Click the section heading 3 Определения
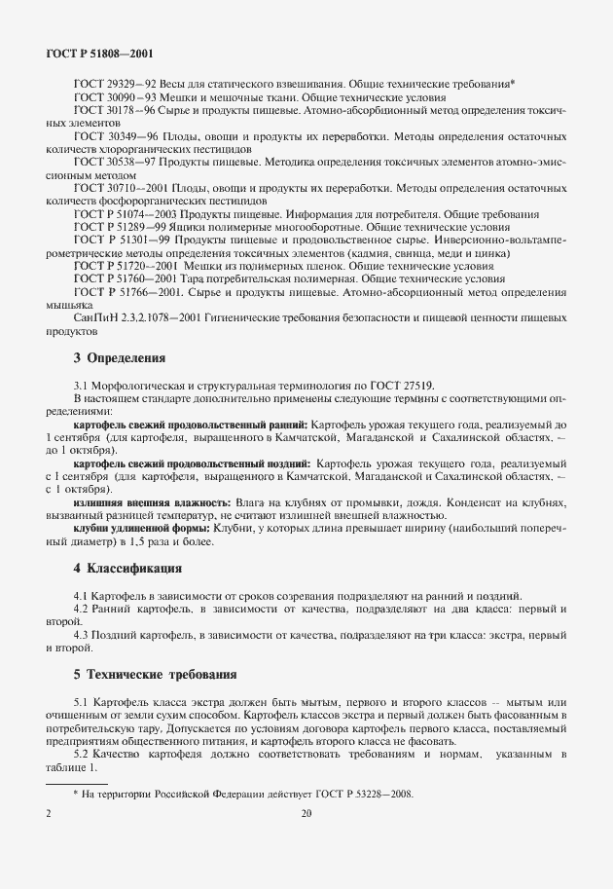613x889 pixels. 119,357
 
